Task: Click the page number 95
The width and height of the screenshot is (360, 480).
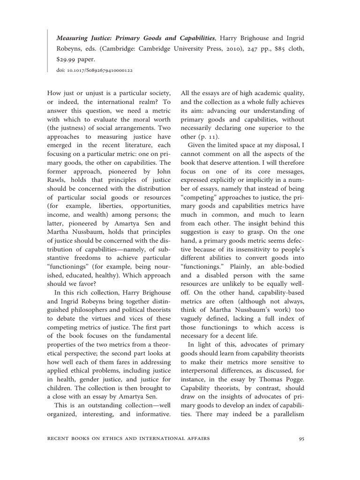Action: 301,439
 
